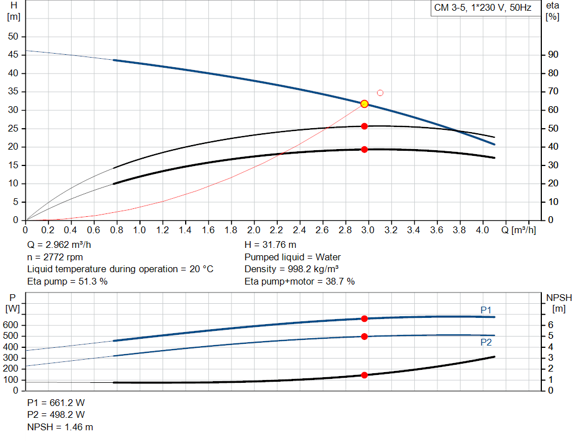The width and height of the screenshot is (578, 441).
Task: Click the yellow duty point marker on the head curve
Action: coord(364,104)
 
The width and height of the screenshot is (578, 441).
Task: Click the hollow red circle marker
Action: coord(380,93)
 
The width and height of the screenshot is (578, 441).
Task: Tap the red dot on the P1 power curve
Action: coord(364,319)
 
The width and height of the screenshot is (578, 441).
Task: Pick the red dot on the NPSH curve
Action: coord(364,375)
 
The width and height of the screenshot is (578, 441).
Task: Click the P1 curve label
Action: coord(486,309)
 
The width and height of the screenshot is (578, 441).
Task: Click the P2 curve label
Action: coord(486,342)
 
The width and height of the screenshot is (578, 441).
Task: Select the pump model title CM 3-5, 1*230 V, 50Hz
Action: coord(483,8)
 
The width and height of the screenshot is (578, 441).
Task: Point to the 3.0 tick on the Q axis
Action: coord(368,230)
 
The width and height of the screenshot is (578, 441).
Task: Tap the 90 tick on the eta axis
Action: coord(554,55)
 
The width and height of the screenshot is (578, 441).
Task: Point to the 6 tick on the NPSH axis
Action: coord(551,325)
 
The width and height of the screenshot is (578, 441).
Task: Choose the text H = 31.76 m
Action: coord(270,245)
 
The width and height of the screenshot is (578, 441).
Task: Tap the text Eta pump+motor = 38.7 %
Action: coord(300,281)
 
